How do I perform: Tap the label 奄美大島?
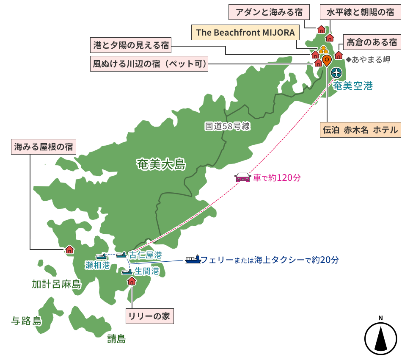click(161, 164)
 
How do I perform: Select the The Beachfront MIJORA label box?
click(245, 33)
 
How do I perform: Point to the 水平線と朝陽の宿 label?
click(361, 12)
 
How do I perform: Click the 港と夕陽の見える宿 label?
click(131, 44)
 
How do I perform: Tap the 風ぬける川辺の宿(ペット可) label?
click(149, 65)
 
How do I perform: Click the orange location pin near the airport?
click(326, 60)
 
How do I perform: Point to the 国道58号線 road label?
click(228, 126)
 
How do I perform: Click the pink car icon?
click(243, 177)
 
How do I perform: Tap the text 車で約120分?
click(277, 178)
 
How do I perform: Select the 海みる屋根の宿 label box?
click(43, 147)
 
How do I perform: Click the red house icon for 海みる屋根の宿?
click(69, 250)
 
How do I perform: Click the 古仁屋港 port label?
click(145, 255)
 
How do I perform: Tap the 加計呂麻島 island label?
click(56, 284)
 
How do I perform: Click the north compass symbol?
click(380, 336)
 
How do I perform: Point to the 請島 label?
click(116, 338)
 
